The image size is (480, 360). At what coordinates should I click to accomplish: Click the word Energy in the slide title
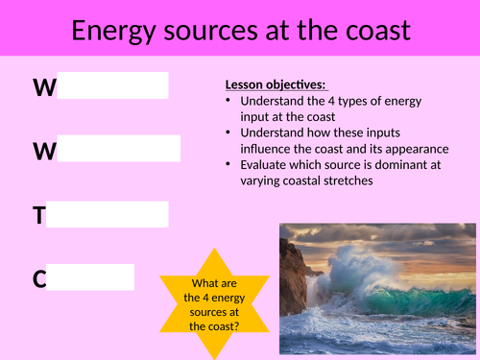[114, 31]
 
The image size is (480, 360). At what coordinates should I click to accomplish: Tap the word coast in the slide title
[371, 31]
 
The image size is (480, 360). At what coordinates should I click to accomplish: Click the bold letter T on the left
[38, 216]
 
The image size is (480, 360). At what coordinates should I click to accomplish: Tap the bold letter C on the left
[39, 279]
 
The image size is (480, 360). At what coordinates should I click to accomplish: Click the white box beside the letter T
[108, 215]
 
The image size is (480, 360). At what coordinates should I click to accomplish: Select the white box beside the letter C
[90, 278]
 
